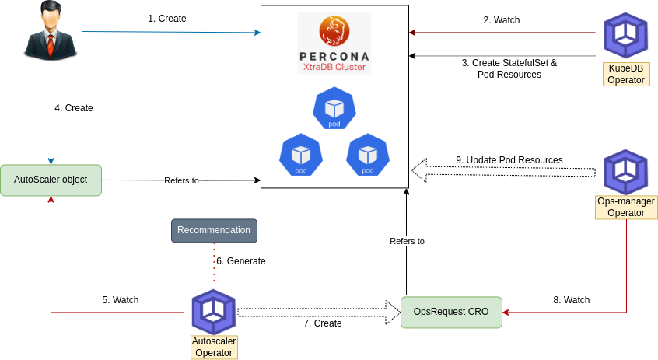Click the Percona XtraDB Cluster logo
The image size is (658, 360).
tap(334, 43)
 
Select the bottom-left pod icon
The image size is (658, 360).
tap(301, 154)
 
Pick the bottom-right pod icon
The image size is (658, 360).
tap(368, 154)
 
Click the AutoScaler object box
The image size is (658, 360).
tap(51, 180)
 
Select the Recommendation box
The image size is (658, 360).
tap(214, 230)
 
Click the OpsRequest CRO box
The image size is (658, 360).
tap(451, 311)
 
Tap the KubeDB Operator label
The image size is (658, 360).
tap(625, 74)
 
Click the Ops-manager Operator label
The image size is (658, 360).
tap(626, 207)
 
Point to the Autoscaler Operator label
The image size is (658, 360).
tap(214, 348)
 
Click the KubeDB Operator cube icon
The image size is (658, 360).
tap(626, 35)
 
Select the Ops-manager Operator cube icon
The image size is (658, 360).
tap(626, 171)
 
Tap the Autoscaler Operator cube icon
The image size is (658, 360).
tap(214, 311)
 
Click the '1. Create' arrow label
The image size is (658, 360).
tap(167, 18)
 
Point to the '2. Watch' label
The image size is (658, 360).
tap(502, 20)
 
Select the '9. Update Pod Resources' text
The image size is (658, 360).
tap(509, 160)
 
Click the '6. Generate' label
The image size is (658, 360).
tap(241, 261)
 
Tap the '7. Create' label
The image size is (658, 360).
tap(323, 323)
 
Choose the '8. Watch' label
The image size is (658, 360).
tap(572, 300)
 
